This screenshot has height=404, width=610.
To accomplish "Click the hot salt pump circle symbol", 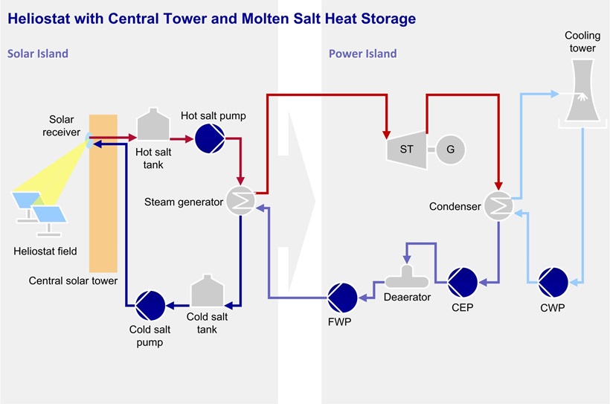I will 209,138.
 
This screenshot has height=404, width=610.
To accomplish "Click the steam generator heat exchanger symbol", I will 240,201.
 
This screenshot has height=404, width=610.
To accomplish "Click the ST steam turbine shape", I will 406,149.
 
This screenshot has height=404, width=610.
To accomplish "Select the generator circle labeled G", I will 450,149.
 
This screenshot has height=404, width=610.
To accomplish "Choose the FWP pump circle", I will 343,297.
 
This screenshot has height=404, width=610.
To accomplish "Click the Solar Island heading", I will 38,54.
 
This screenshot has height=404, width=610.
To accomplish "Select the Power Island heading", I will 362,54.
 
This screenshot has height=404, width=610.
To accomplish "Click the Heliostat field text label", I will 45,251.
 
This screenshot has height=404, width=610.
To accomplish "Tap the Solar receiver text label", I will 62,126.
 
